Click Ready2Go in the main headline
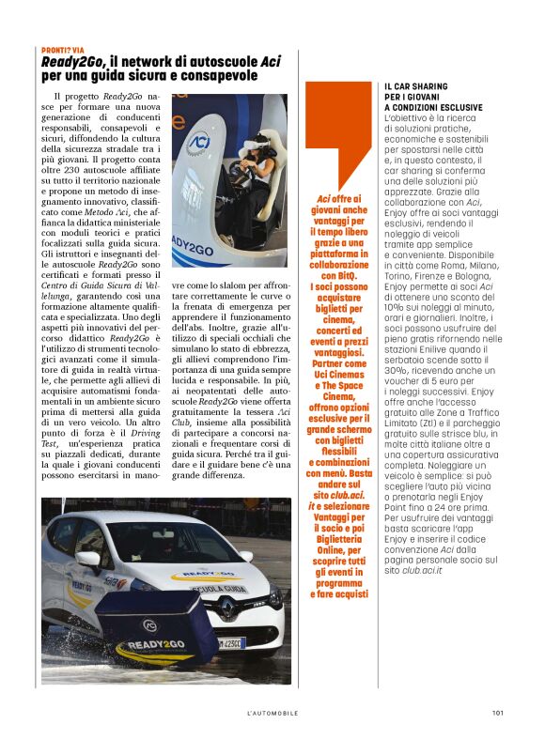pos(71,61)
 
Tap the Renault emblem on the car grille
pos(226,610)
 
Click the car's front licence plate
pos(230,643)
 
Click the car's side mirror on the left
pos(89,561)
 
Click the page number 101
pos(497,713)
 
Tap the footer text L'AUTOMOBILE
pos(272,713)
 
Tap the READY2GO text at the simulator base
pos(194,248)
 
